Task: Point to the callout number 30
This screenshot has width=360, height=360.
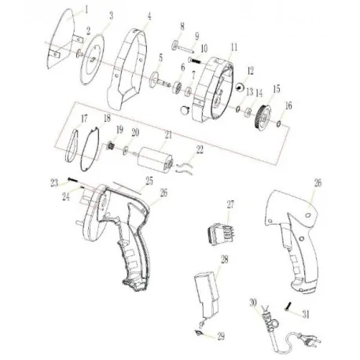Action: click(252, 303)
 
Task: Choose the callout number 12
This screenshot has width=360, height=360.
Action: click(252, 71)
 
